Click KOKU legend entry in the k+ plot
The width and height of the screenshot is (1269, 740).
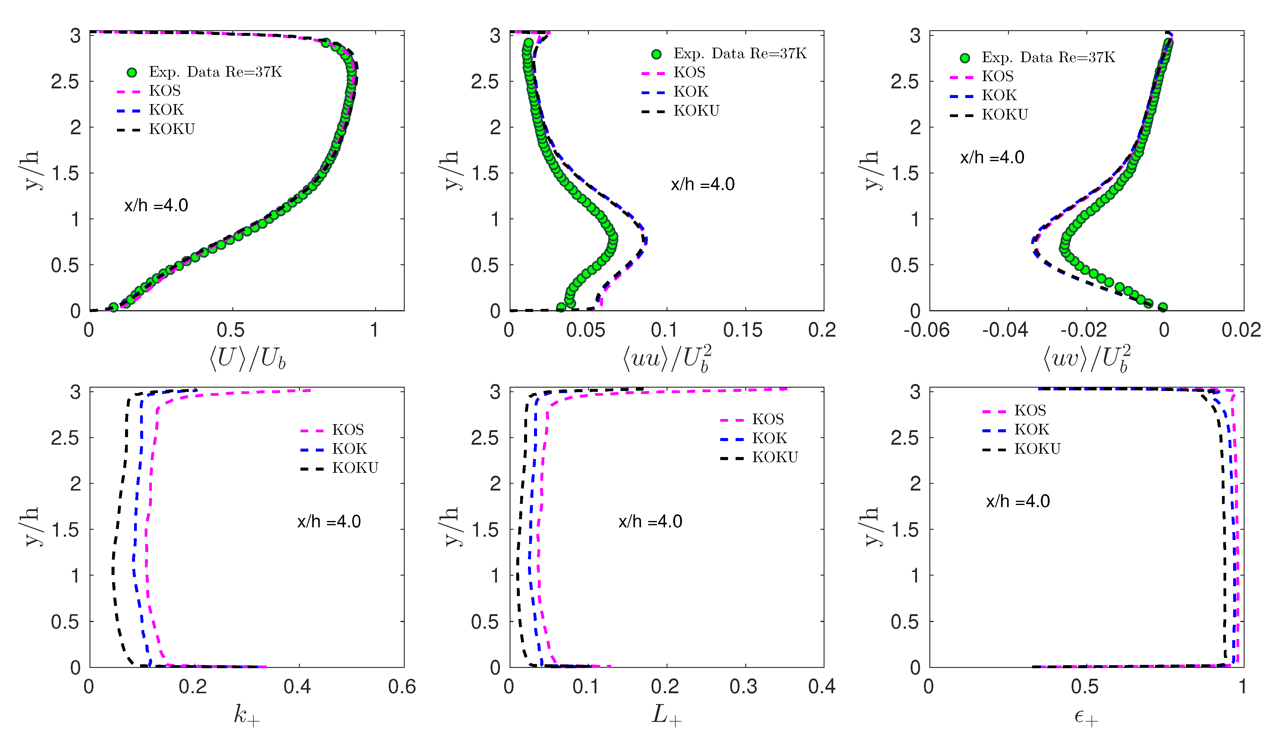click(355, 468)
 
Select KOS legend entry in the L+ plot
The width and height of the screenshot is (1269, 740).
click(768, 419)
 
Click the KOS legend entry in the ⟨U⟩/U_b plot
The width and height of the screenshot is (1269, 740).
click(165, 91)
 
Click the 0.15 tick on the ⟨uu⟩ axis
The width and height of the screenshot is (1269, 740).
click(743, 330)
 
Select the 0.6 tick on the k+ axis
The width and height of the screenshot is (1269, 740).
click(402, 687)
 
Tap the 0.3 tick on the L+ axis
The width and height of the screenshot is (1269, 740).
click(743, 687)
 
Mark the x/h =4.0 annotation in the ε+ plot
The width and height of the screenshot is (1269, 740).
click(1018, 501)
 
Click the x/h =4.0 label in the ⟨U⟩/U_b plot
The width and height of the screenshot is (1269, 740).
click(156, 205)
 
